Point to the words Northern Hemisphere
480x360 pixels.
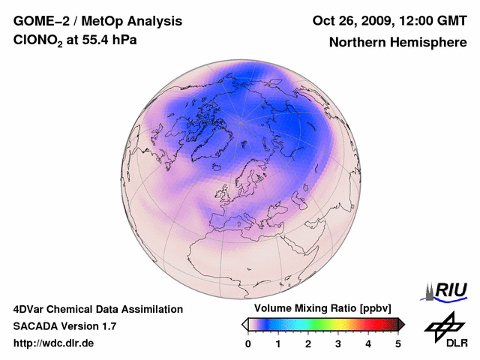397,42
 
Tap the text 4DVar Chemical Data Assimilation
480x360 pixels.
97,309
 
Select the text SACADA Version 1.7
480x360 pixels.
64,326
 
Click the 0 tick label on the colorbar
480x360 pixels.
248,343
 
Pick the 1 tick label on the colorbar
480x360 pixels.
278,343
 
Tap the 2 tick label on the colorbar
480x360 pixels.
308,343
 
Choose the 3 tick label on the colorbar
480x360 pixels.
338,343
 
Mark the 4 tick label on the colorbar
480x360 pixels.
368,343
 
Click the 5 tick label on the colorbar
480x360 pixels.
398,343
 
